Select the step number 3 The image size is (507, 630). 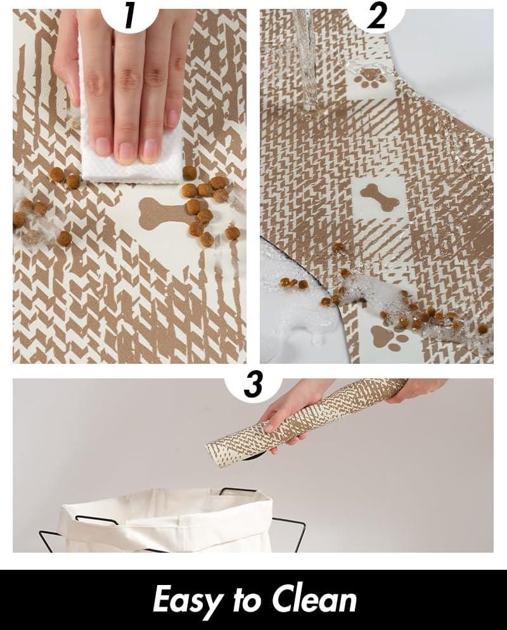tap(253, 385)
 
